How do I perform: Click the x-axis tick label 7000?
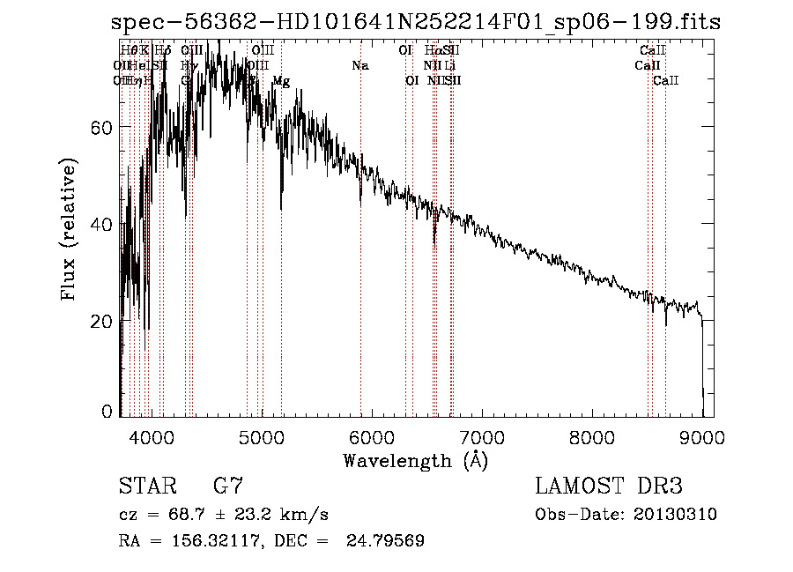point(481,436)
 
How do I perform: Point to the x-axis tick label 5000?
point(261,436)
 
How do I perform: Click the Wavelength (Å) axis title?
point(415,460)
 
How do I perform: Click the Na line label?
point(359,66)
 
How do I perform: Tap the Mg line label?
point(281,81)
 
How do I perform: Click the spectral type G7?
point(227,487)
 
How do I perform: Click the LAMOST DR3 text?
point(609,487)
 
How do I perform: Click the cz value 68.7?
point(196,515)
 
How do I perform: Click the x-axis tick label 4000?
point(152,436)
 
